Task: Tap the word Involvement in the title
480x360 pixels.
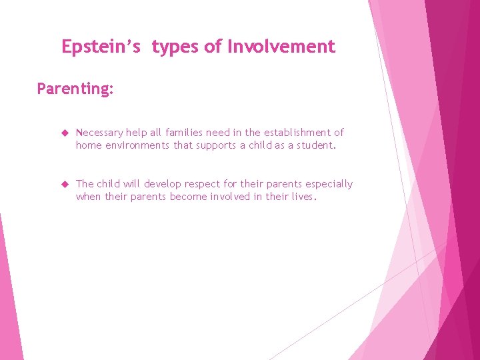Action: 281,47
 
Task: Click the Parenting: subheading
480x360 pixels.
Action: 75,89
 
